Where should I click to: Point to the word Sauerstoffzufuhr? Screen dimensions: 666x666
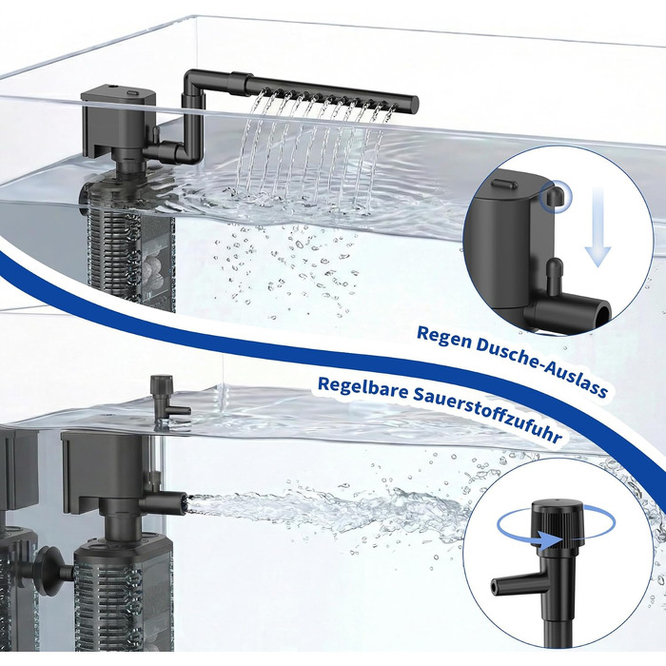pyautogui.click(x=486, y=420)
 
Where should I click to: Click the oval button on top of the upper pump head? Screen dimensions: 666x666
pyautogui.click(x=132, y=92)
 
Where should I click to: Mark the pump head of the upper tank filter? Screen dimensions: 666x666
pyautogui.click(x=119, y=121)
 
